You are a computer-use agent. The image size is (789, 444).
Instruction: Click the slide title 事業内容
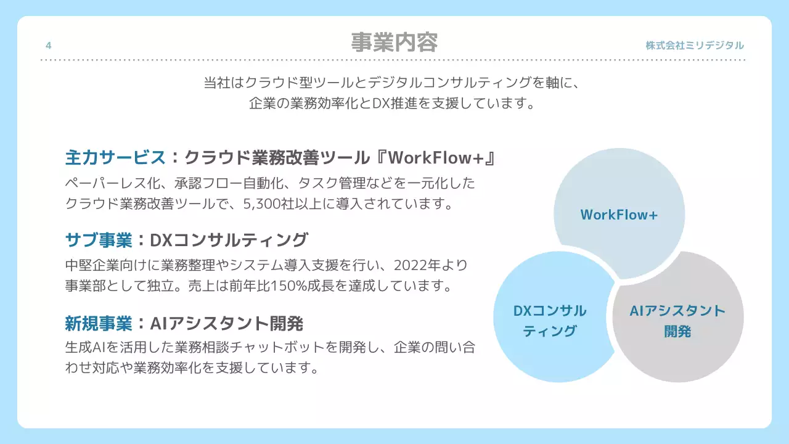394,43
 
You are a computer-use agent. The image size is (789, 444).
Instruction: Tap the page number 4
49,45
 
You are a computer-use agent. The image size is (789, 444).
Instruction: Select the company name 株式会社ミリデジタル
695,45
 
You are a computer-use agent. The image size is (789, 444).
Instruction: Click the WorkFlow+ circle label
619,215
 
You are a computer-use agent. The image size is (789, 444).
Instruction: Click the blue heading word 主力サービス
115,158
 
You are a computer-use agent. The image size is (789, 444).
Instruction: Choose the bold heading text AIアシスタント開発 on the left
226,323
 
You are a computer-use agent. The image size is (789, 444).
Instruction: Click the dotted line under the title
394,60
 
